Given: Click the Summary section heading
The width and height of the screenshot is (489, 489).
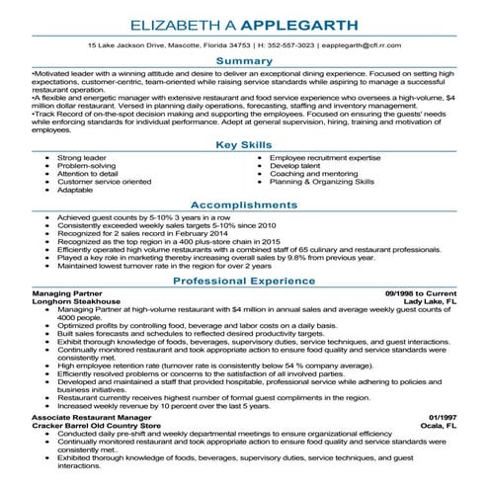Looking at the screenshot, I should click(x=244, y=61).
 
